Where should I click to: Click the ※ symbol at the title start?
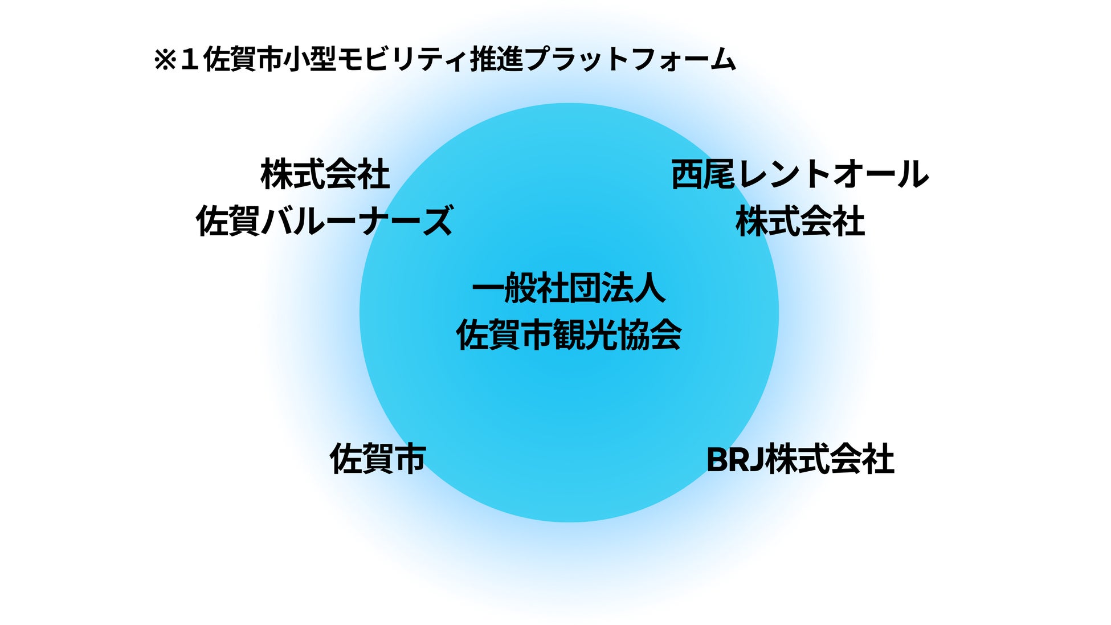[x=165, y=60]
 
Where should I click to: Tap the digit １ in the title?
[x=189, y=60]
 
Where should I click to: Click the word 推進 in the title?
[x=496, y=60]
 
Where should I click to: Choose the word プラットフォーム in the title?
[x=630, y=60]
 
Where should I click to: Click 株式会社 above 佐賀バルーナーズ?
[x=325, y=174]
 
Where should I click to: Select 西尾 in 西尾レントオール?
[x=703, y=174]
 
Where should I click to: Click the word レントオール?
[x=832, y=174]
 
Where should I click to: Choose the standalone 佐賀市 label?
[x=378, y=459]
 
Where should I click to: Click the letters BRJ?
[x=734, y=460]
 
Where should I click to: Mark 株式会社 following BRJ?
[x=830, y=460]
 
